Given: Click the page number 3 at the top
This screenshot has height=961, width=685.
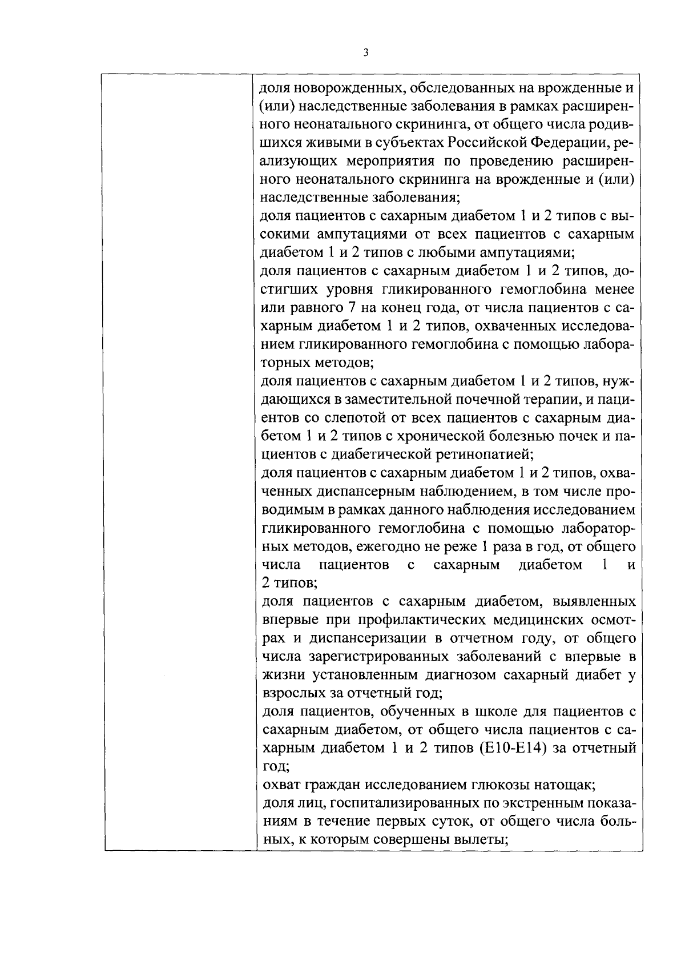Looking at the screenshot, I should [x=365, y=53].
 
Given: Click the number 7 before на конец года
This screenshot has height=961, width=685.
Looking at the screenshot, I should [x=352, y=308].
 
